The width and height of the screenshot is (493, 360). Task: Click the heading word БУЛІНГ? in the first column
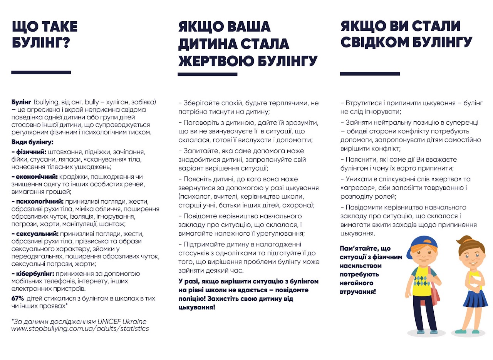(41, 43)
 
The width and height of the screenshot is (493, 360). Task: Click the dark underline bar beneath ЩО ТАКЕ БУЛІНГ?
(41, 72)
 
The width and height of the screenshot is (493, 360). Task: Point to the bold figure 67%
(18, 298)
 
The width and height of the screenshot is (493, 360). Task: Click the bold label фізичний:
(29, 152)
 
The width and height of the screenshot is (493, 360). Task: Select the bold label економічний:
(35, 177)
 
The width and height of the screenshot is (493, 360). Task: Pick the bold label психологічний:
(38, 201)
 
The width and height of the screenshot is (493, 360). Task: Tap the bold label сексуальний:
(35, 234)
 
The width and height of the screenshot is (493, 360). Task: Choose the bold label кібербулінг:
(33, 274)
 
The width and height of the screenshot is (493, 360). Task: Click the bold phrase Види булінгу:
(32, 142)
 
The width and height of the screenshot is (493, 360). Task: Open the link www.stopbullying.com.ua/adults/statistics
(80, 329)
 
